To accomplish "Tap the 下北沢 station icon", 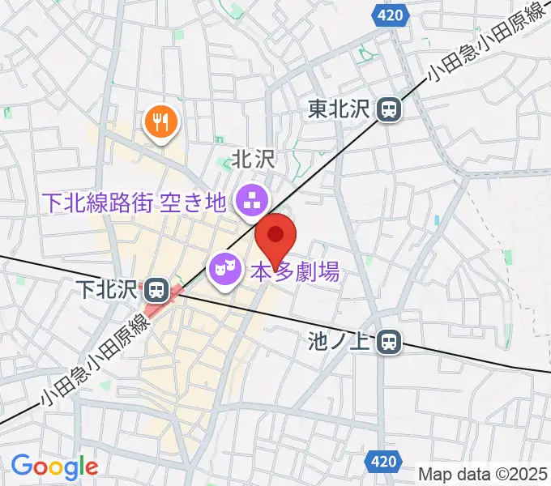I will tap(154, 289).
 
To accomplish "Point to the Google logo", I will tap(54, 467).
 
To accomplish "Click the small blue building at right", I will tap(438, 220).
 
